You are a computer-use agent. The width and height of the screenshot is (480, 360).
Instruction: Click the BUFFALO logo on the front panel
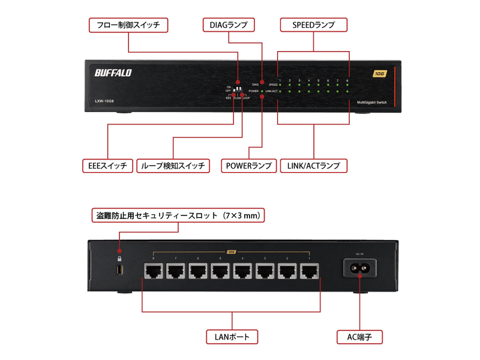click(x=113, y=73)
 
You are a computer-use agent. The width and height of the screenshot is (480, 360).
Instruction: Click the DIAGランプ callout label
click(x=229, y=25)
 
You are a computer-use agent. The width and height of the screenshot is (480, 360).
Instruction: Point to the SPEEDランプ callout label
click(x=314, y=25)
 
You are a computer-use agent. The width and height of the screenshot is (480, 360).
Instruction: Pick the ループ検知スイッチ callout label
click(x=173, y=166)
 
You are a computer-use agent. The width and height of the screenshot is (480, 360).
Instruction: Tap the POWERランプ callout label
click(x=248, y=166)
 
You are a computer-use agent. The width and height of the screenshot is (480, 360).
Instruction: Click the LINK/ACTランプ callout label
click(x=313, y=166)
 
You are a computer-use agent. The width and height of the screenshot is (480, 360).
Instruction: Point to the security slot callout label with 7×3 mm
click(x=178, y=214)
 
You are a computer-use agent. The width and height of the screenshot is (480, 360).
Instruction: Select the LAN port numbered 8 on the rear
click(x=154, y=271)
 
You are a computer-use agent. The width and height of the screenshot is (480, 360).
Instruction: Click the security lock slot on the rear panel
click(x=119, y=272)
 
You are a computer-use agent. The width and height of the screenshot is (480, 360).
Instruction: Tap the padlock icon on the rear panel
click(x=119, y=259)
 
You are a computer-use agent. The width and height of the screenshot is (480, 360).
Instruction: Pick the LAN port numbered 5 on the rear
click(x=221, y=271)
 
